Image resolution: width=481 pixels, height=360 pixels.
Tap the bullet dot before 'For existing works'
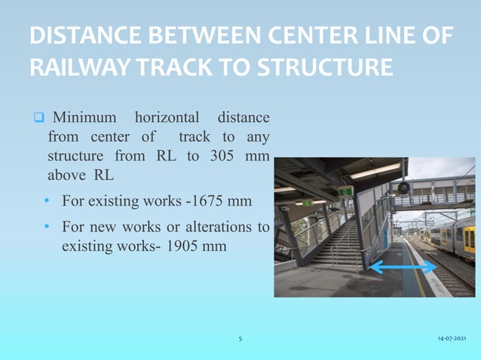click(x=47, y=203)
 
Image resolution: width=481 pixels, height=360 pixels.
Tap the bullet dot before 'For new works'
click(x=47, y=227)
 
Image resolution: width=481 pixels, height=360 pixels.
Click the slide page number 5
click(x=240, y=340)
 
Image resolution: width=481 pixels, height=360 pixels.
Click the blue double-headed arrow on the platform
click(x=403, y=267)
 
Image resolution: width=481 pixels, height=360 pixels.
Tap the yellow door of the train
click(x=469, y=239)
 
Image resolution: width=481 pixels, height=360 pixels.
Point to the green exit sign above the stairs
click(x=345, y=191)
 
